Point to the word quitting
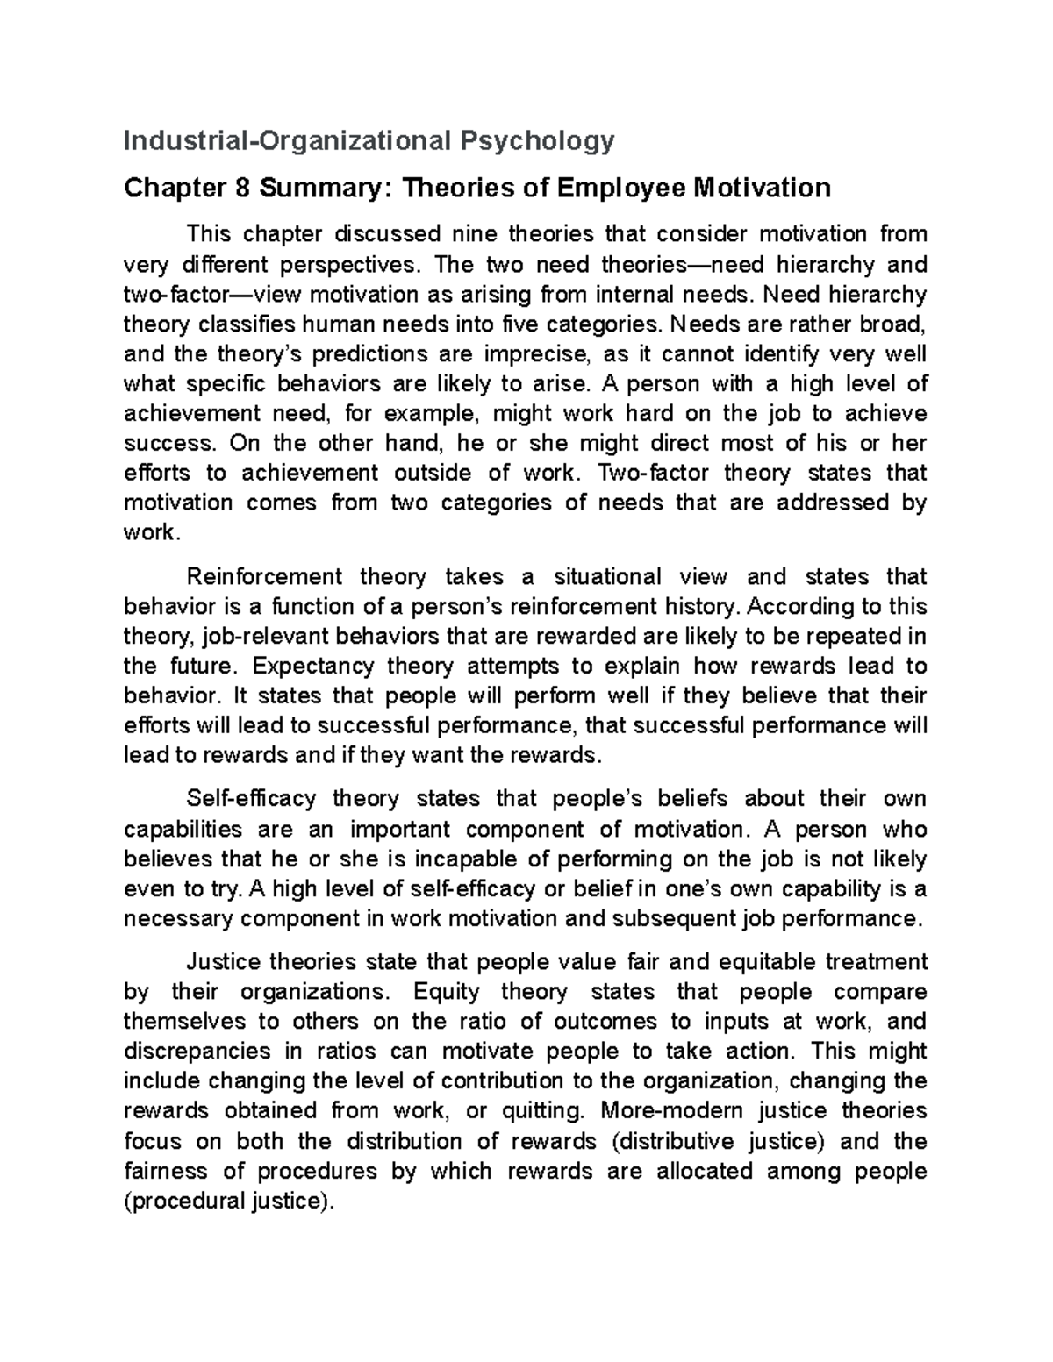point(541,1111)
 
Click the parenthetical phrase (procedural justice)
point(230,1201)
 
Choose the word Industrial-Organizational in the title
point(285,140)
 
